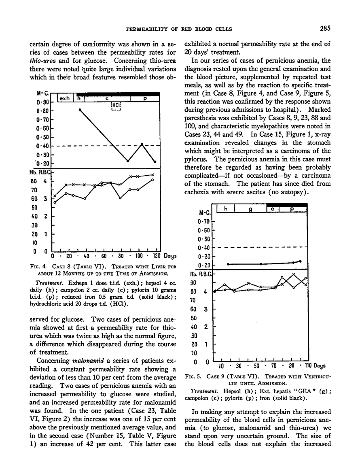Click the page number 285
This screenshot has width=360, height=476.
tap(325, 29)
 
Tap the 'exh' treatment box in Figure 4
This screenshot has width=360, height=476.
tap(64, 98)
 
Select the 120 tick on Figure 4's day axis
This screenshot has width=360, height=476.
tap(150, 256)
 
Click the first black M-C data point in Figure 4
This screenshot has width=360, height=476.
tap(80, 110)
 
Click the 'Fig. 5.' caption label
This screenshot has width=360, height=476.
tap(192, 376)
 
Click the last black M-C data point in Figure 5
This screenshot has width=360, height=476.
tap(300, 261)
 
